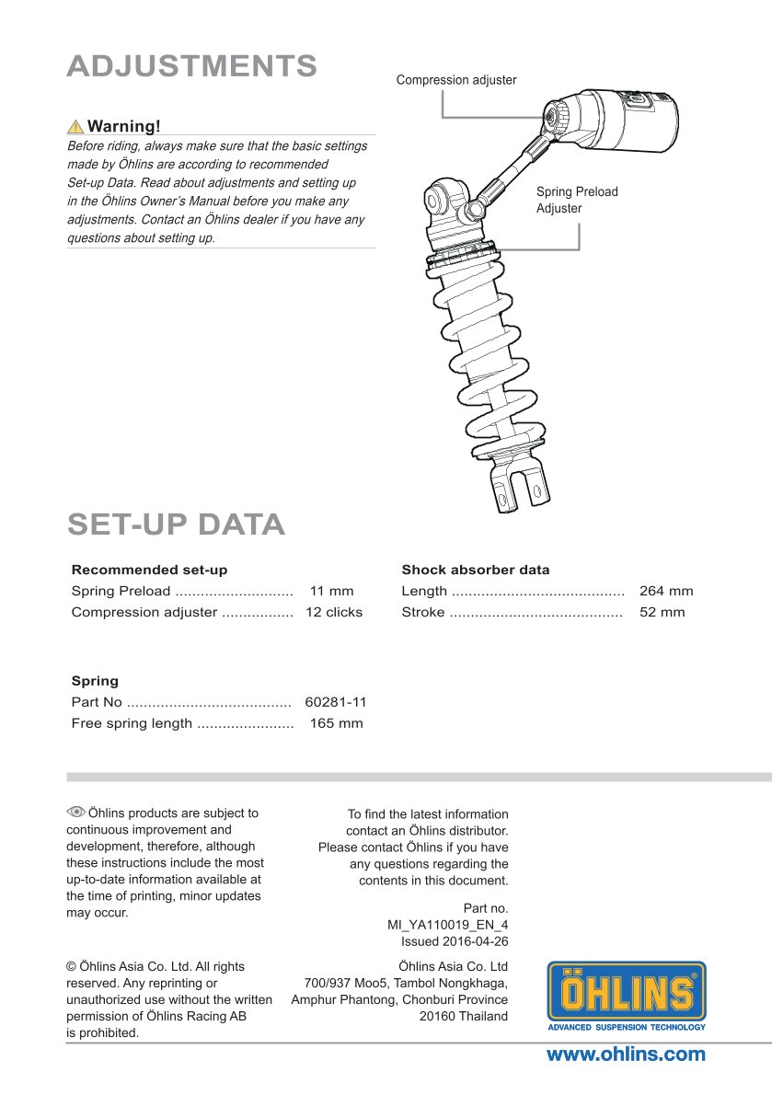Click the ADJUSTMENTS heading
192,66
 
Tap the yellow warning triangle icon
75,127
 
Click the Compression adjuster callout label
456,80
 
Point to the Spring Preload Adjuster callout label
577,200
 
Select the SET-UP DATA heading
176,524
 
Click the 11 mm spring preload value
331,591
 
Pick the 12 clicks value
334,612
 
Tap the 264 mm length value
666,591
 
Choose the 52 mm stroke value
663,612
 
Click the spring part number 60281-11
336,702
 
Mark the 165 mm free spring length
336,723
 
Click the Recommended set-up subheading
149,570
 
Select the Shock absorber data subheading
476,570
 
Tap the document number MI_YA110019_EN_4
448,925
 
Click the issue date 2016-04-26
476,941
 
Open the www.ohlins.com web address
626,1055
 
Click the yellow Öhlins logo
627,994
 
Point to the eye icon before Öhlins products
75,812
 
